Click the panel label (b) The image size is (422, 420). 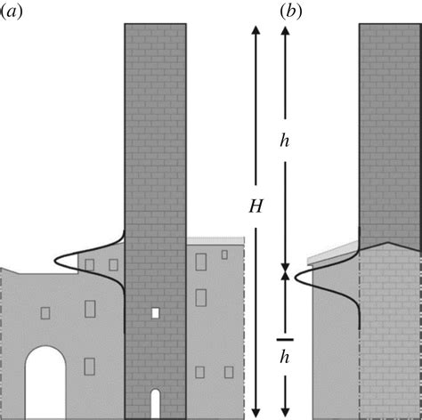click(x=292, y=11)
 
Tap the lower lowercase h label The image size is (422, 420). click(x=285, y=359)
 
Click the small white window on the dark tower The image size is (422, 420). click(x=155, y=313)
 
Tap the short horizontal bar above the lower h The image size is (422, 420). click(x=285, y=338)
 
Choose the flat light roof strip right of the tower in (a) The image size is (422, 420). click(x=215, y=240)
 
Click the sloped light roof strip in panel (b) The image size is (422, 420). click(x=332, y=254)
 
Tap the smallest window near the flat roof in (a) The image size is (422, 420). click(x=224, y=254)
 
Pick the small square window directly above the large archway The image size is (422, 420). click(x=45, y=312)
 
